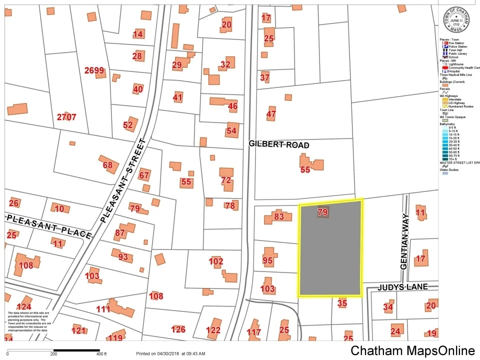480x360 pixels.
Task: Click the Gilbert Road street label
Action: point(279,145)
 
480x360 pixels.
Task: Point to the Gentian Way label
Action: point(405,242)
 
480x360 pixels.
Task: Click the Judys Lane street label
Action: point(402,287)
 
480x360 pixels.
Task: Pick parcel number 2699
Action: point(94,70)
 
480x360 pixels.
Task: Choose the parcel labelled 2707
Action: point(66,117)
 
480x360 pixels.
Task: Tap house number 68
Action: point(107,165)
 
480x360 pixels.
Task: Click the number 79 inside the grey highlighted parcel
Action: point(322,212)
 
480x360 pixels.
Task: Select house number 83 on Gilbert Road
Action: point(279,216)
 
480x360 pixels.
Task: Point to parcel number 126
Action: point(178,329)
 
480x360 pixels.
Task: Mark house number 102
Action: point(216,261)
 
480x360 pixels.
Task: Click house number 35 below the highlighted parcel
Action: point(342,302)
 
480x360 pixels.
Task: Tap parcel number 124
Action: point(23,306)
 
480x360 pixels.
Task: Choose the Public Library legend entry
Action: point(457,53)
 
